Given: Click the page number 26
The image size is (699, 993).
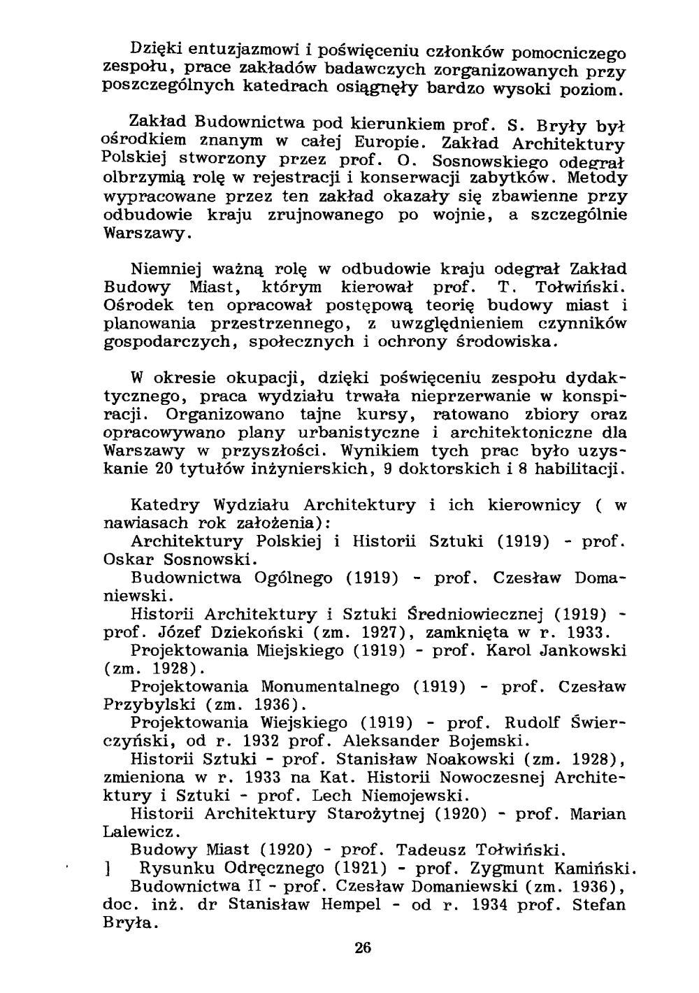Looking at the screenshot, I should [363, 948].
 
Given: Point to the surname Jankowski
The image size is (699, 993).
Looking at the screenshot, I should [583, 651].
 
